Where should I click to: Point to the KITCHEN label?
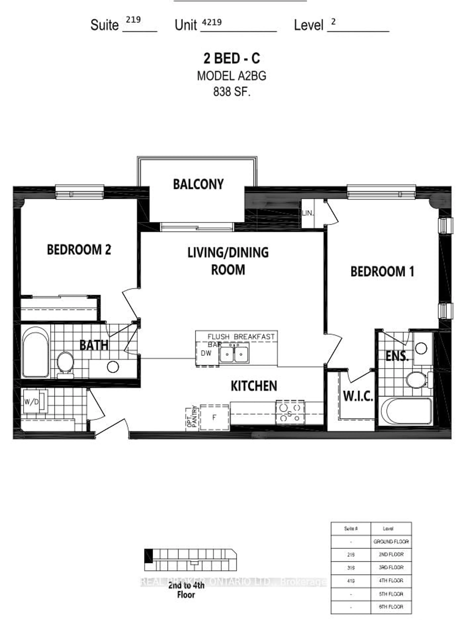[x=254, y=386]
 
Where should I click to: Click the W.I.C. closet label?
[x=358, y=396]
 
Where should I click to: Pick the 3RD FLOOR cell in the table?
[x=391, y=567]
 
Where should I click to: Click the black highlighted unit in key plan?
[x=148, y=556]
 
